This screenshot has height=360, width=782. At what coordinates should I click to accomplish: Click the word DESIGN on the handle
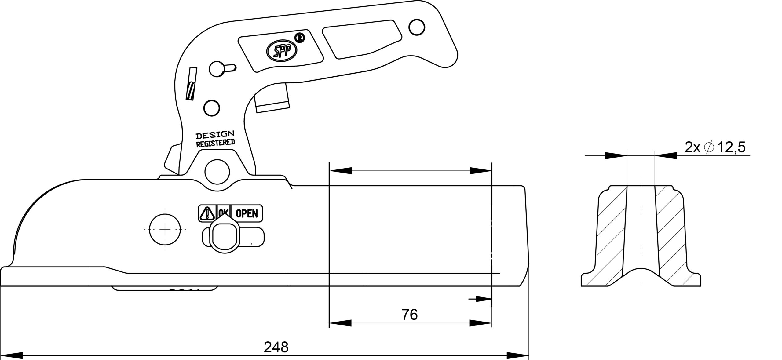pyautogui.click(x=215, y=135)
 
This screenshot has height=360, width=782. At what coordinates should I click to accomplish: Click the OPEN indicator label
pyautogui.click(x=247, y=213)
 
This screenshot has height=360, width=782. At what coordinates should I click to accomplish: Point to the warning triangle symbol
pyautogui.click(x=207, y=213)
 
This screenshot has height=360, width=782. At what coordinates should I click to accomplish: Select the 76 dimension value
pyautogui.click(x=409, y=315)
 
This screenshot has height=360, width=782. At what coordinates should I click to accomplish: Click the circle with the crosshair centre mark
pyautogui.click(x=165, y=230)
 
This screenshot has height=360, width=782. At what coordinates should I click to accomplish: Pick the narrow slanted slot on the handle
pyautogui.click(x=191, y=83)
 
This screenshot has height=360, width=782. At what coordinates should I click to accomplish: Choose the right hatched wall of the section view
pyautogui.click(x=671, y=238)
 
